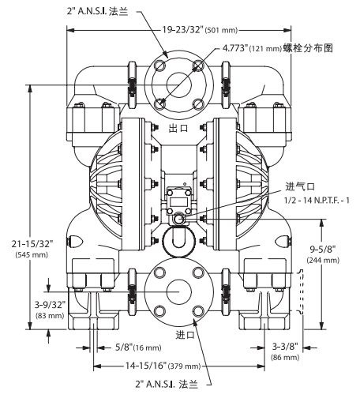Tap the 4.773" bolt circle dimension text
(x=242, y=47)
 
